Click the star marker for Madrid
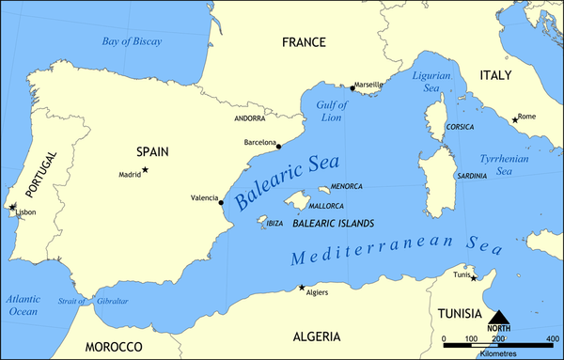[x=145, y=170]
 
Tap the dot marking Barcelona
[x=279, y=147]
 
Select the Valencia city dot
[x=220, y=202]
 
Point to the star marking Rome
[x=515, y=119]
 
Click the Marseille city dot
[x=352, y=88]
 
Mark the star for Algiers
[x=301, y=288]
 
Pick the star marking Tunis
[x=474, y=277]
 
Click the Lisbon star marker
[x=11, y=207]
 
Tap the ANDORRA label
[x=250, y=119]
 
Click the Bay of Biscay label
[x=132, y=41]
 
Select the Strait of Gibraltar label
[x=98, y=301]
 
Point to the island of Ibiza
[x=260, y=221]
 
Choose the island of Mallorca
[x=300, y=200]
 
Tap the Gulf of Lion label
[x=332, y=111]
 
